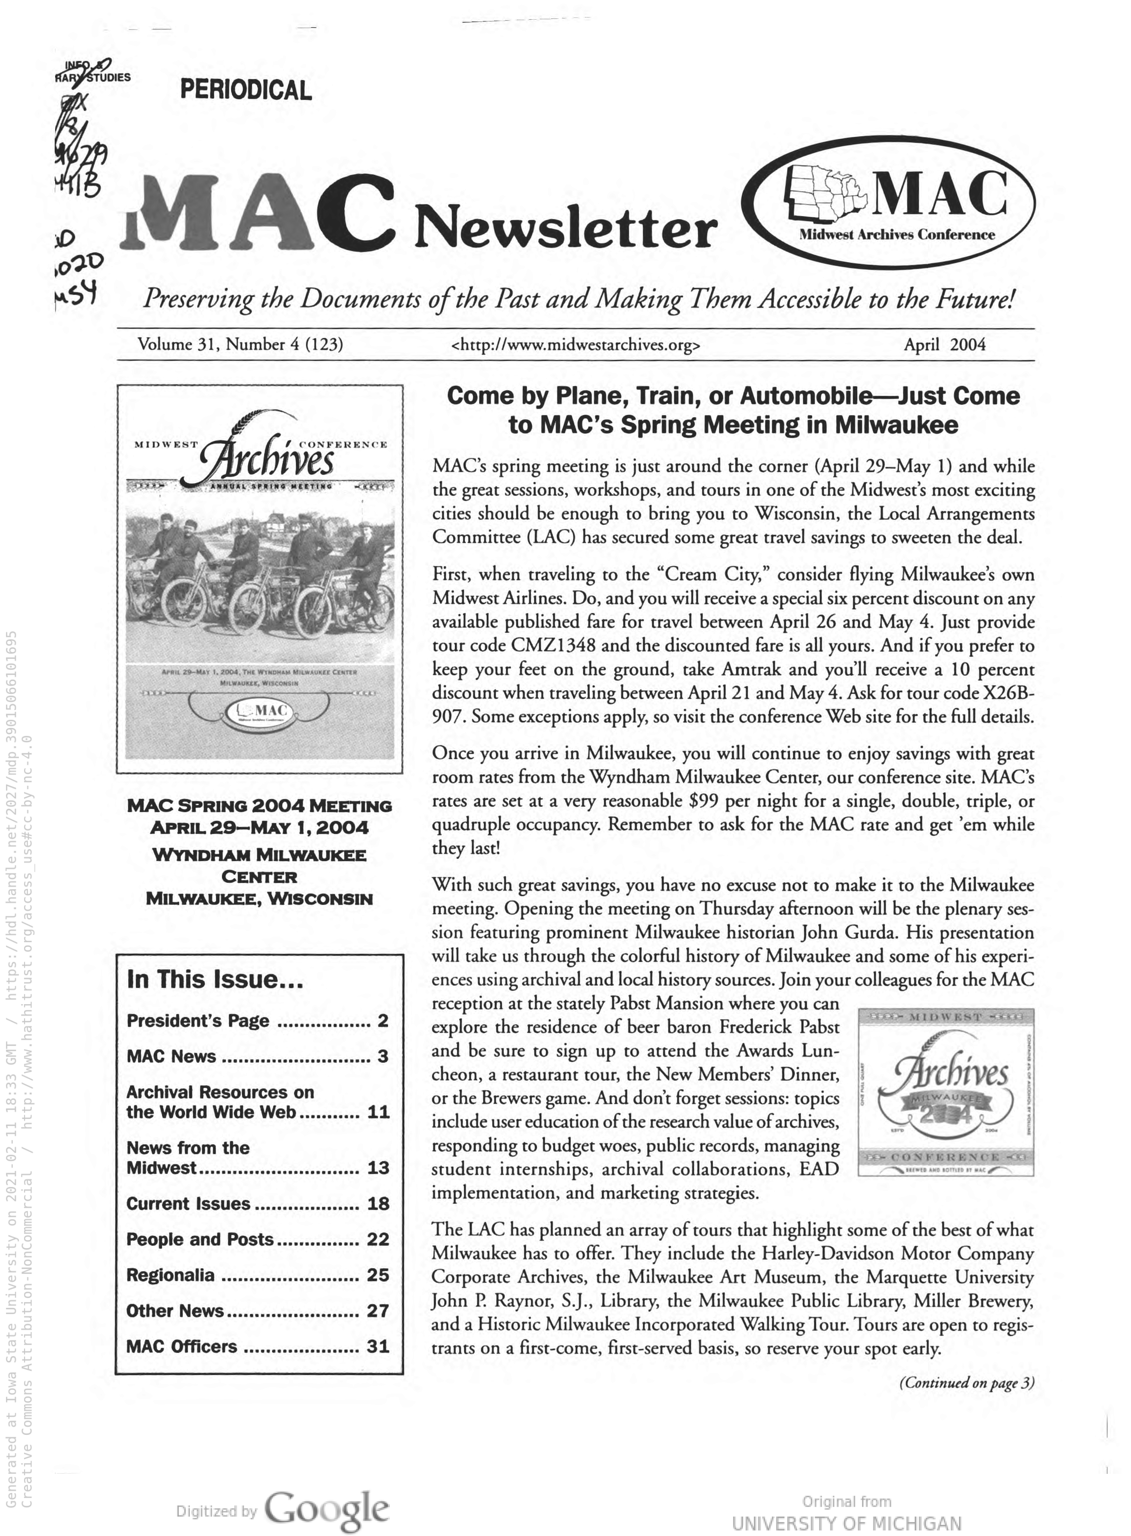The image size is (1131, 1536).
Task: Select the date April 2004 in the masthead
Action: coord(944,344)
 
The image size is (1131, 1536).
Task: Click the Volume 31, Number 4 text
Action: coord(240,344)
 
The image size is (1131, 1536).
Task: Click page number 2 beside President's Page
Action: coord(383,1021)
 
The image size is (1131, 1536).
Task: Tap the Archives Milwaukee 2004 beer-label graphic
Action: coord(945,1092)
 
